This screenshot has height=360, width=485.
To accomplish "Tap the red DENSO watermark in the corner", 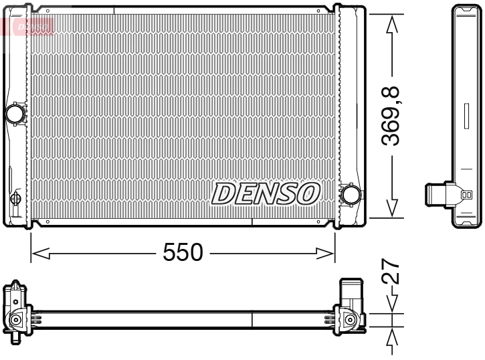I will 27,25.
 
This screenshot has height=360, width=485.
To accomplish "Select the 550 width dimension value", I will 183,253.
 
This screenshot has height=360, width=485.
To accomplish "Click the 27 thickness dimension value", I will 395,273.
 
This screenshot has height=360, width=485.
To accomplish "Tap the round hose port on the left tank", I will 15,113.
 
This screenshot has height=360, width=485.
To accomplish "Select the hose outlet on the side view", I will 438,195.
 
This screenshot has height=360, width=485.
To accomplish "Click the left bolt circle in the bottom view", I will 14,322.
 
